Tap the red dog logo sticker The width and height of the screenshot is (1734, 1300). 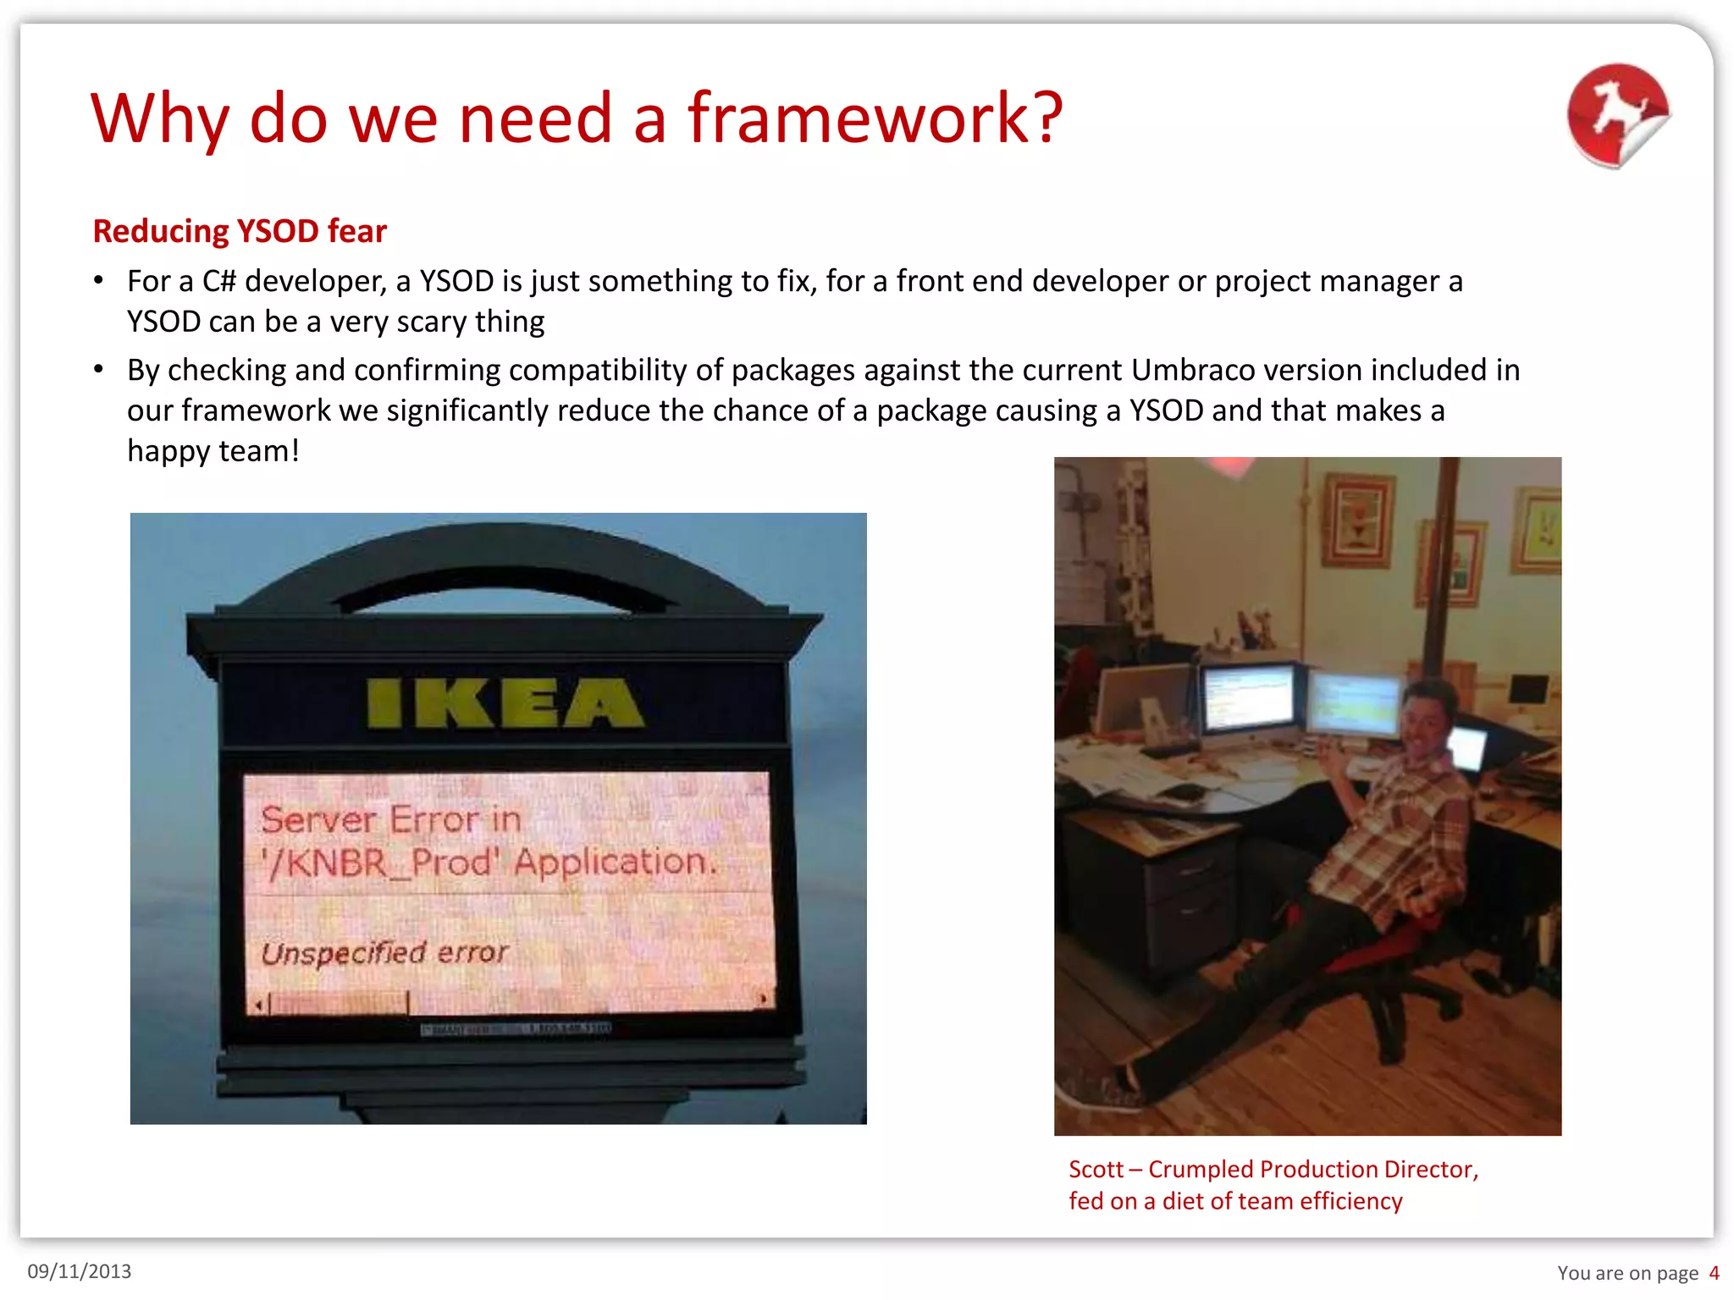pyautogui.click(x=1617, y=115)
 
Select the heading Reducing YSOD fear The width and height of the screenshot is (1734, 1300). pyautogui.click(x=240, y=231)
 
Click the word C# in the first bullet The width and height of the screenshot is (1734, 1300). pyautogui.click(x=218, y=281)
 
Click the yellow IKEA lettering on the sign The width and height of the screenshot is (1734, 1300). pyautogui.click(x=505, y=703)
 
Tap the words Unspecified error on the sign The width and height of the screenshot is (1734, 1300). pyautogui.click(x=384, y=953)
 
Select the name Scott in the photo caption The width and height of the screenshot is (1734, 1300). pyautogui.click(x=1096, y=1169)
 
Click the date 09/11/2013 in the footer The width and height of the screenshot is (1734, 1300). pyautogui.click(x=80, y=1271)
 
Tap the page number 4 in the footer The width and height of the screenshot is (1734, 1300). pyautogui.click(x=1714, y=1273)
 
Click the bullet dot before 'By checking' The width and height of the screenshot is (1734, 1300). pyautogui.click(x=99, y=369)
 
